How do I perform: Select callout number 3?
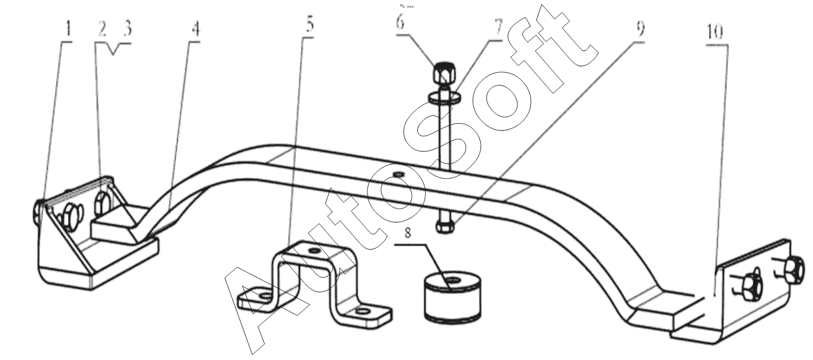tap(127, 28)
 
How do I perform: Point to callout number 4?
tap(195, 29)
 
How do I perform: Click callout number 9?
tap(640, 29)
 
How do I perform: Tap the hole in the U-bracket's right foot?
tap(362, 311)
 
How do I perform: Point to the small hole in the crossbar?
tap(399, 174)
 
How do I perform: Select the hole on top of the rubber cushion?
tap(452, 280)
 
